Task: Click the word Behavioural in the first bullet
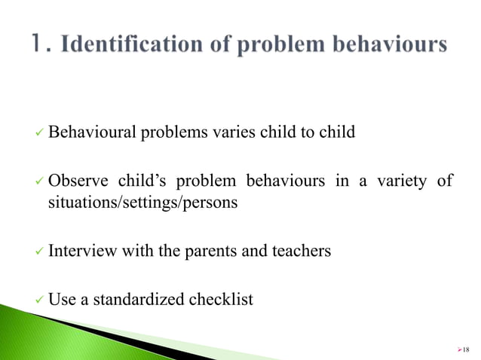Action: tap(91, 133)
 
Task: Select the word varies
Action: tap(235, 133)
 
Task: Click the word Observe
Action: tap(75, 182)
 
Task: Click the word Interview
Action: tap(81, 252)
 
